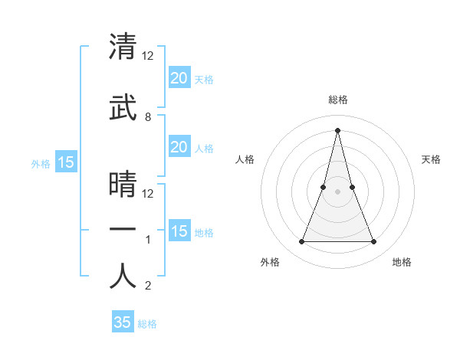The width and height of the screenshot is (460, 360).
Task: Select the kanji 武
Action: (123, 109)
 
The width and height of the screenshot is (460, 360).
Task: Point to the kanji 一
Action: (123, 231)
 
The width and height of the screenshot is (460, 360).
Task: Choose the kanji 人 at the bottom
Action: (123, 276)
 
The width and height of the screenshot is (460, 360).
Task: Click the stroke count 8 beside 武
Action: (148, 117)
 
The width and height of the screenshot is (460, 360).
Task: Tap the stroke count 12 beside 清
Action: (149, 55)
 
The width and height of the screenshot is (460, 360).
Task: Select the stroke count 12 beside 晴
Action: (149, 193)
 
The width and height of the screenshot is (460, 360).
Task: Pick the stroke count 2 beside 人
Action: (148, 286)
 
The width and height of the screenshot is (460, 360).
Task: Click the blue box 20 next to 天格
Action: (179, 78)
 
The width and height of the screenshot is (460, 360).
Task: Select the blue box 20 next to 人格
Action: (179, 147)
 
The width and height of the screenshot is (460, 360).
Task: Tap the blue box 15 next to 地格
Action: (179, 231)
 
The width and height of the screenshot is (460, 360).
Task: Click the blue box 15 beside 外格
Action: (65, 162)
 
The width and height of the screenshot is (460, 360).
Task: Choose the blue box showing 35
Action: (123, 322)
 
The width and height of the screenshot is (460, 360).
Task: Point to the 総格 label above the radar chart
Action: (337, 100)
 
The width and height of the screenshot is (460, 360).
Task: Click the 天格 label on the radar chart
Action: (432, 159)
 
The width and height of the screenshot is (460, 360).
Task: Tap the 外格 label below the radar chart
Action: (270, 262)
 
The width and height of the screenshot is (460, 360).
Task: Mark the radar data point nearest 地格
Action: (373, 242)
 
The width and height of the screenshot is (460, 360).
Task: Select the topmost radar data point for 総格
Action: (337, 129)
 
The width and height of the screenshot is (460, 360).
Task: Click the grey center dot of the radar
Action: (337, 192)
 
